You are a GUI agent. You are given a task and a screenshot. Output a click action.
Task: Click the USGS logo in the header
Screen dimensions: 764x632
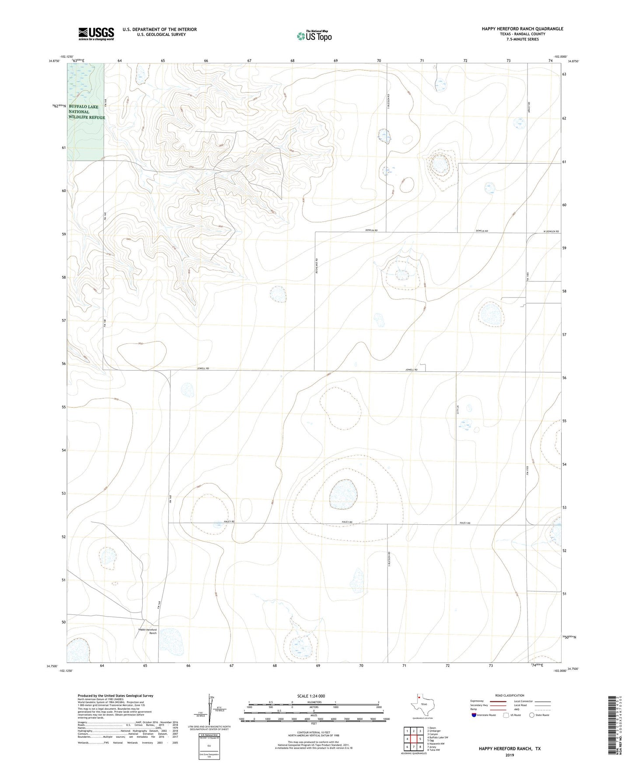(96, 34)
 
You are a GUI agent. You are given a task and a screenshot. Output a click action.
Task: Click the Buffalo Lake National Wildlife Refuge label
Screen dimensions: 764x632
(86, 112)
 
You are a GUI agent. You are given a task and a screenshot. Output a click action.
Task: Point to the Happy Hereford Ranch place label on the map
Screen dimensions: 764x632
(147, 631)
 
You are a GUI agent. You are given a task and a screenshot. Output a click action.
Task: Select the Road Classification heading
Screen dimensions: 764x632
(510, 695)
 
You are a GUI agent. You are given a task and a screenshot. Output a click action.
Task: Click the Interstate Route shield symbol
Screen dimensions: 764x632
(475, 715)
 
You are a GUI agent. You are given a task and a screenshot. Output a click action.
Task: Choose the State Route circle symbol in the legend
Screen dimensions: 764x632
(531, 715)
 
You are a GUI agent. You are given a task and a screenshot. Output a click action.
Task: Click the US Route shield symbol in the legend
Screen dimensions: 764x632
(507, 715)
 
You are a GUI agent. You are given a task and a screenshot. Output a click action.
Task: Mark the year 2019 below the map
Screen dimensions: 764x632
(510, 755)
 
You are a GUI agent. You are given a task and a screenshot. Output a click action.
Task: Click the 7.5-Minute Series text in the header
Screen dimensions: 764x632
(522, 39)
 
